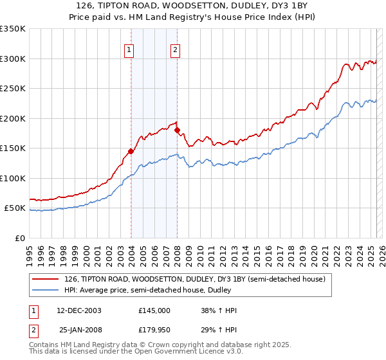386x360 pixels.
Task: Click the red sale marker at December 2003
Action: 131,152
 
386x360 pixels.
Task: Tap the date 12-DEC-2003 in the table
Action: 79,310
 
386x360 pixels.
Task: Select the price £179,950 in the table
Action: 154,330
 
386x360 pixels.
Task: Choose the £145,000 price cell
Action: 154,310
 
